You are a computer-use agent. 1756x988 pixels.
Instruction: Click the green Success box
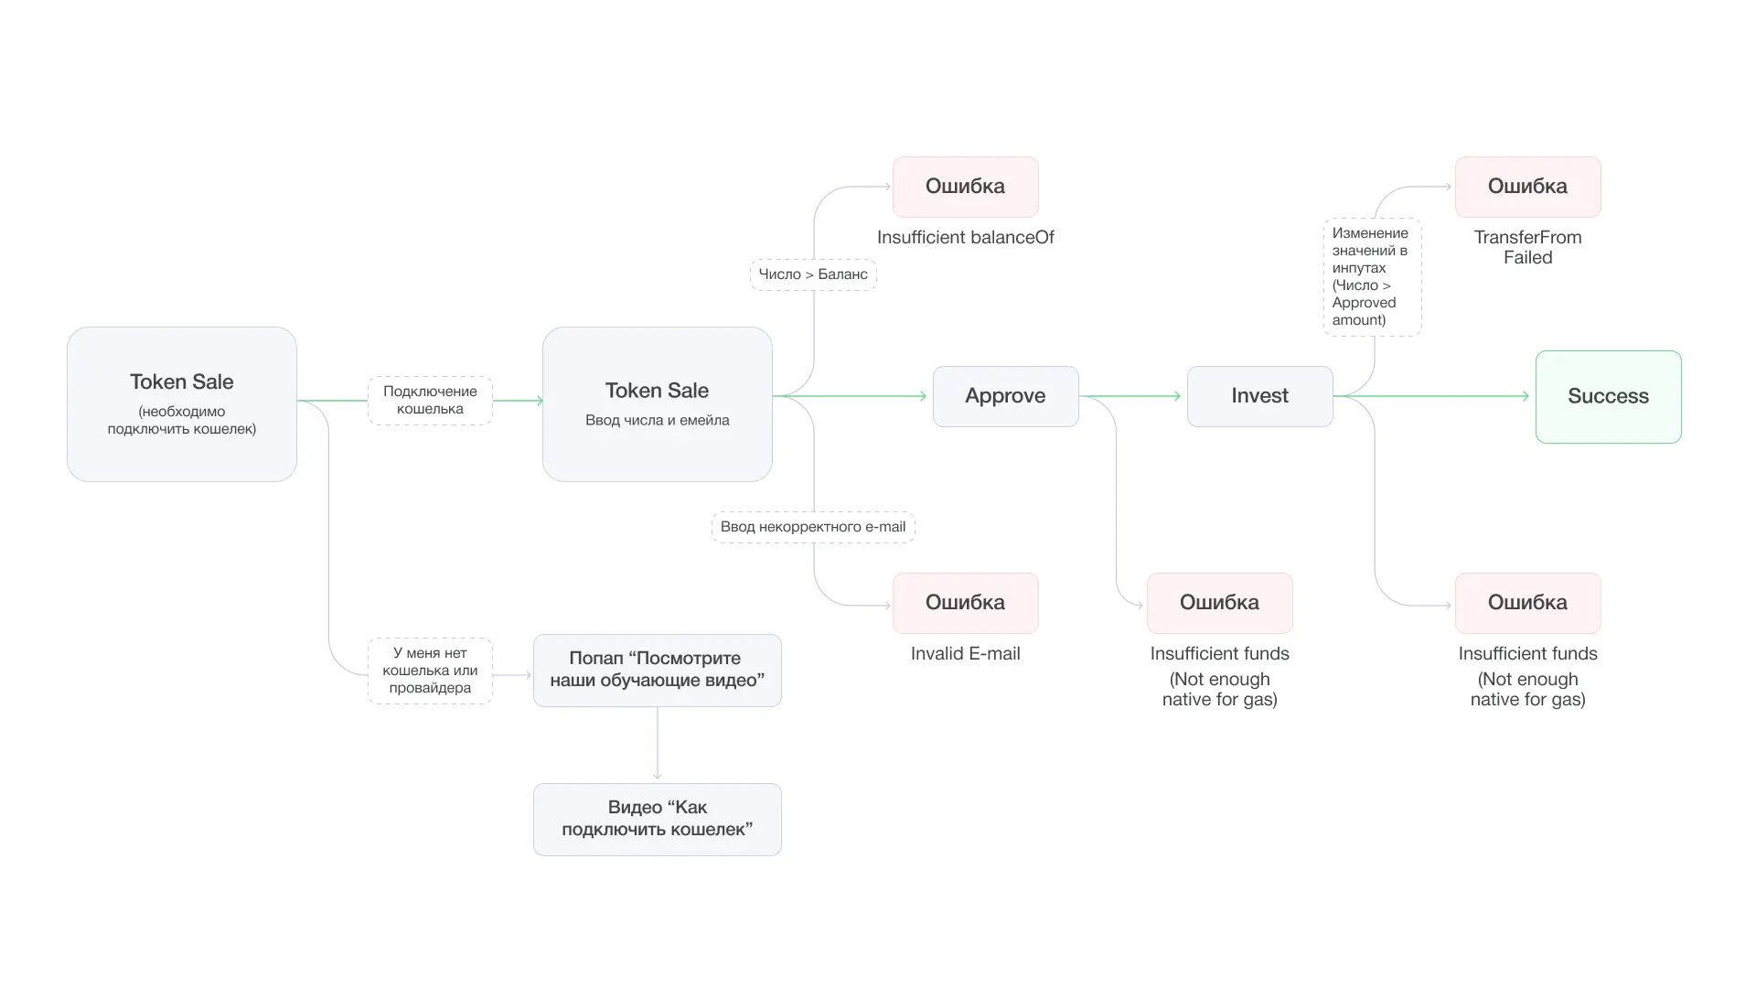[1608, 397]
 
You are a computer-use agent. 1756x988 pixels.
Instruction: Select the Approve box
[1005, 396]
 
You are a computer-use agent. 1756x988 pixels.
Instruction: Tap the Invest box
[1259, 396]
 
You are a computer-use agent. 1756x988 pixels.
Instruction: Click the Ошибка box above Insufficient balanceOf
[965, 187]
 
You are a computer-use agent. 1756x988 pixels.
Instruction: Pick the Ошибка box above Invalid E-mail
[965, 603]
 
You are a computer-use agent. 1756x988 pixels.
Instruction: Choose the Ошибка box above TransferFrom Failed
[1527, 187]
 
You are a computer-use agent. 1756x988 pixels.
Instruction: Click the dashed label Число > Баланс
[813, 274]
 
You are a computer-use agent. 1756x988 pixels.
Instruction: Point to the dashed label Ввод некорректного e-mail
[813, 527]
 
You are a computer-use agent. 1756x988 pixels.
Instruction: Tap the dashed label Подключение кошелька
[430, 401]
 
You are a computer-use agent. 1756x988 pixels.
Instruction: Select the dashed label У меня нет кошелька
[430, 671]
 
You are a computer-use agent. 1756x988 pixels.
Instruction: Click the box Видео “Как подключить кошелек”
[657, 819]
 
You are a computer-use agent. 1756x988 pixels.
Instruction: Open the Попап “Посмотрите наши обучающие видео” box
[657, 670]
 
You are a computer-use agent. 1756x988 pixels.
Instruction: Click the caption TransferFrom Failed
[1527, 247]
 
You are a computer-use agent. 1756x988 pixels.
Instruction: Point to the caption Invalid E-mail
[965, 654]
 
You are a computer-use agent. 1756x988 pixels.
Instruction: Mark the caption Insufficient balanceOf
[965, 238]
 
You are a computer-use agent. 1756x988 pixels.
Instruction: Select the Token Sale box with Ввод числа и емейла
[657, 404]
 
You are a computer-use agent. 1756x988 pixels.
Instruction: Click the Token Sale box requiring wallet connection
[181, 404]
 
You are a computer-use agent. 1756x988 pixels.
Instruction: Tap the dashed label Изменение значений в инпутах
[1372, 276]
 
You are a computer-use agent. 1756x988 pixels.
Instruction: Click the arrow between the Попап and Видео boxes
[658, 744]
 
